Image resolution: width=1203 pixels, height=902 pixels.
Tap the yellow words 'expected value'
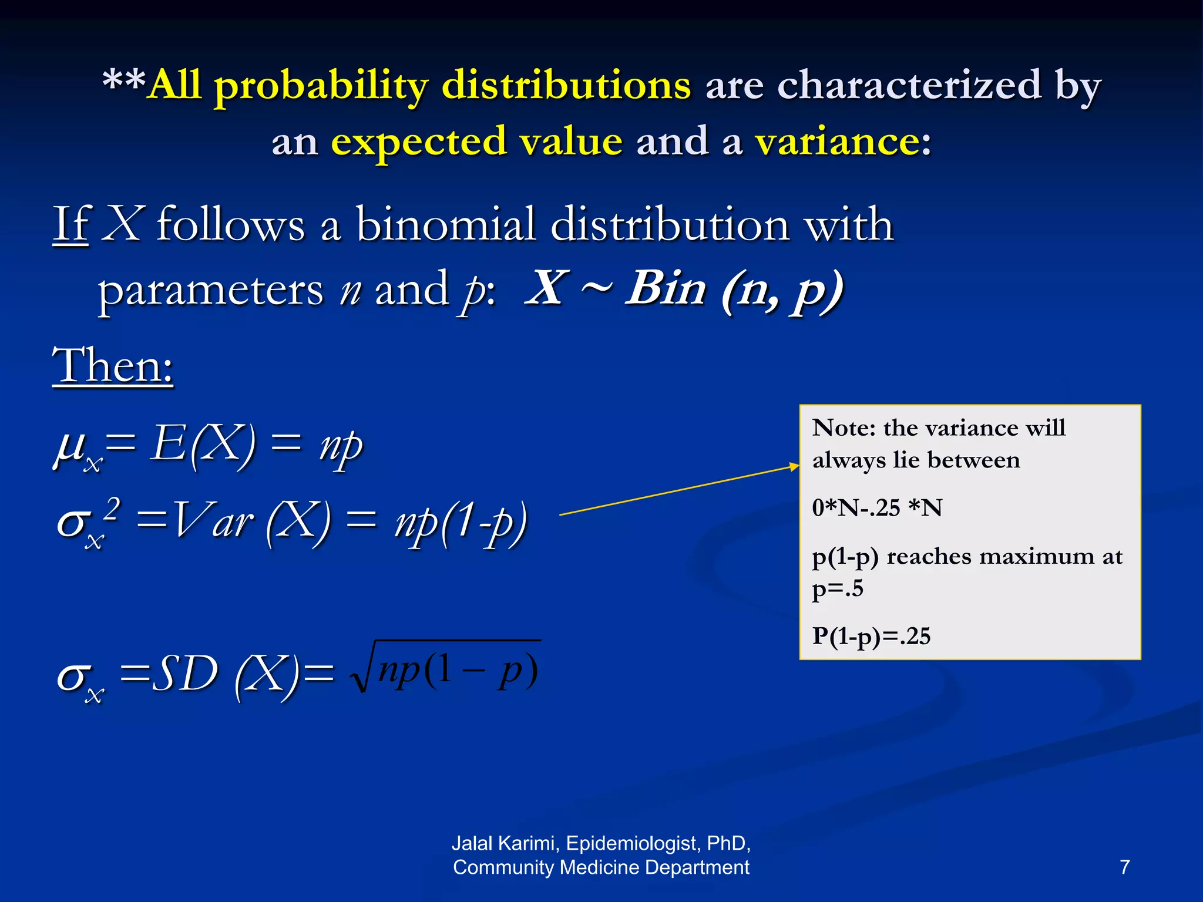click(476, 142)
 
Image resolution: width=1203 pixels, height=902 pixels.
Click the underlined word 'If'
click(70, 225)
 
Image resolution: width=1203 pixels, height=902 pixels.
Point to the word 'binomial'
click(445, 225)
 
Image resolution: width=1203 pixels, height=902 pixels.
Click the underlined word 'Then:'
click(113, 366)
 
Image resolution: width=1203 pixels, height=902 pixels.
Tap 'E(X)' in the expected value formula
click(203, 445)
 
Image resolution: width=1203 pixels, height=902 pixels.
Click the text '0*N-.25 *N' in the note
click(877, 508)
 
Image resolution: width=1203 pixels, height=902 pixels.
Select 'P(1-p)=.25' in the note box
click(871, 637)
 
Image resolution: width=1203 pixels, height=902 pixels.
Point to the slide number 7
click(1124, 867)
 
